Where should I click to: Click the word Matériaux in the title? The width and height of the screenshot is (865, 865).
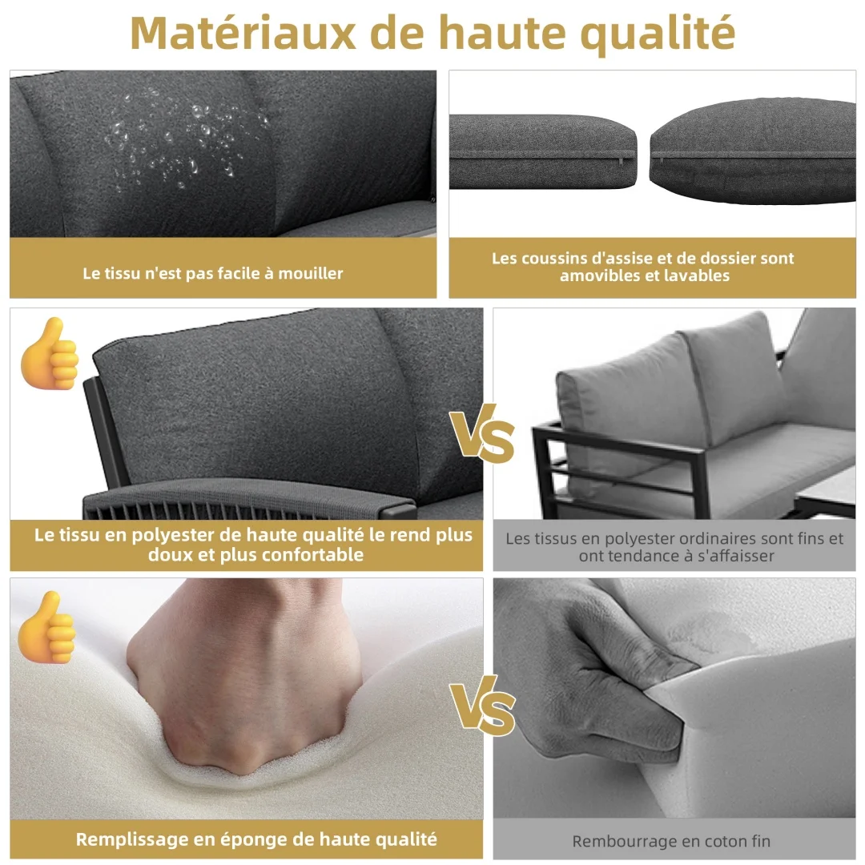point(243,33)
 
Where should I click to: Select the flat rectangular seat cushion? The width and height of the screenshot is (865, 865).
point(543,151)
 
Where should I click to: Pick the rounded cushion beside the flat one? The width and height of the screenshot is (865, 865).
point(753,151)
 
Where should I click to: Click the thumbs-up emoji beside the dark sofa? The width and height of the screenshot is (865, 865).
point(49,354)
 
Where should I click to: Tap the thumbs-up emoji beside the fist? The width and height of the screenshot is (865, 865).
point(46,627)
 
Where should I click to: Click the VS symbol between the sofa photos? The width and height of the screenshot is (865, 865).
point(481,433)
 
